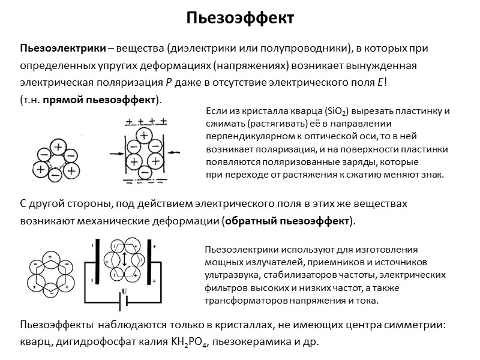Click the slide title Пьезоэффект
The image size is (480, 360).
pyautogui.click(x=239, y=18)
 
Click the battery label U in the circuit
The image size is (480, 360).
pyautogui.click(x=124, y=292)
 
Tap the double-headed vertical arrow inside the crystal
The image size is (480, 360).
pyautogui.click(x=124, y=260)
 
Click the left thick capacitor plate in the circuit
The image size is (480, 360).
pyautogui.click(x=95, y=263)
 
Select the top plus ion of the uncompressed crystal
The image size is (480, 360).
pyautogui.click(x=58, y=146)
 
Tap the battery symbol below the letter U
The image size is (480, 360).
pyautogui.click(x=124, y=304)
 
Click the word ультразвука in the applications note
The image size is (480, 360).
pyautogui.click(x=229, y=274)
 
